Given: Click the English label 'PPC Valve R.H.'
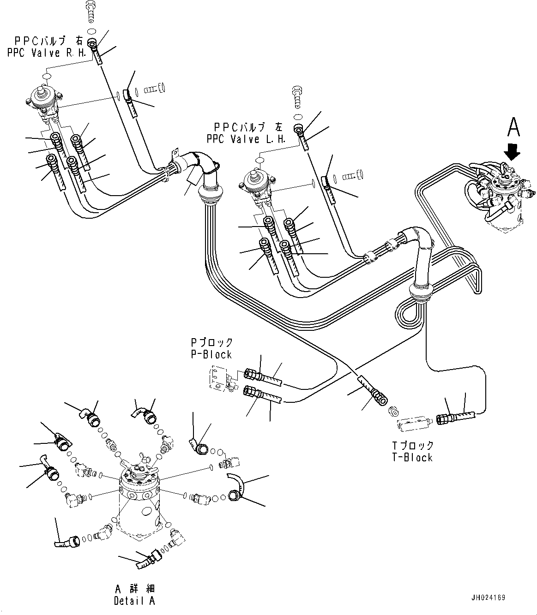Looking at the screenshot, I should [x=47, y=53].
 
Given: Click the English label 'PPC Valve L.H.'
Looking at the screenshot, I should [x=245, y=139].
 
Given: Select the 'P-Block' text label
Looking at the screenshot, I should [x=211, y=354].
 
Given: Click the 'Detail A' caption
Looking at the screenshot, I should [x=134, y=601].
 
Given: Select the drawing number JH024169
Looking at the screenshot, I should [x=489, y=597].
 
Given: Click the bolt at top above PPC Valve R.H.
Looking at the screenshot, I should [x=91, y=13].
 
